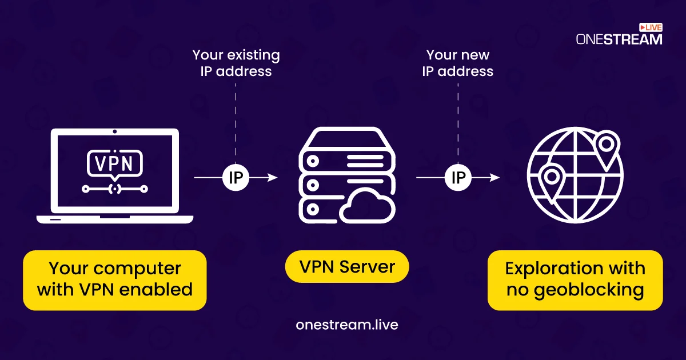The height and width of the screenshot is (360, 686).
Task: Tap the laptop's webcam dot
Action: click(114, 131)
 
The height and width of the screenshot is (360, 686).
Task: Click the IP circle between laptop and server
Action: click(236, 178)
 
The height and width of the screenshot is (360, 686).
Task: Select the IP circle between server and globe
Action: click(458, 178)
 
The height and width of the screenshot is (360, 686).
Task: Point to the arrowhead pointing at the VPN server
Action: click(273, 178)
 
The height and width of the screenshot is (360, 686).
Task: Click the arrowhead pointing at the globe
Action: click(495, 178)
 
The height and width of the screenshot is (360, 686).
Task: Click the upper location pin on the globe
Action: click(607, 147)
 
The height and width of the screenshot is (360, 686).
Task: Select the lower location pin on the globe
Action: click(552, 181)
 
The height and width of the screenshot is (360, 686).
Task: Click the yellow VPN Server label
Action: click(347, 267)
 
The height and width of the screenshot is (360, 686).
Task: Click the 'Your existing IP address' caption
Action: click(236, 63)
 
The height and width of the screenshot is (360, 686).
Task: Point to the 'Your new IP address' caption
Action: click(458, 63)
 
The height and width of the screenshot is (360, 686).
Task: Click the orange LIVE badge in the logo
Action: click(651, 27)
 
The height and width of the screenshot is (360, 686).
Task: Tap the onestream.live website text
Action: click(347, 325)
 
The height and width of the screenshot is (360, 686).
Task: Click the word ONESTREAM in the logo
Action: click(619, 39)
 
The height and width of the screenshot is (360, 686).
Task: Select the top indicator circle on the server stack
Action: click(313, 161)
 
